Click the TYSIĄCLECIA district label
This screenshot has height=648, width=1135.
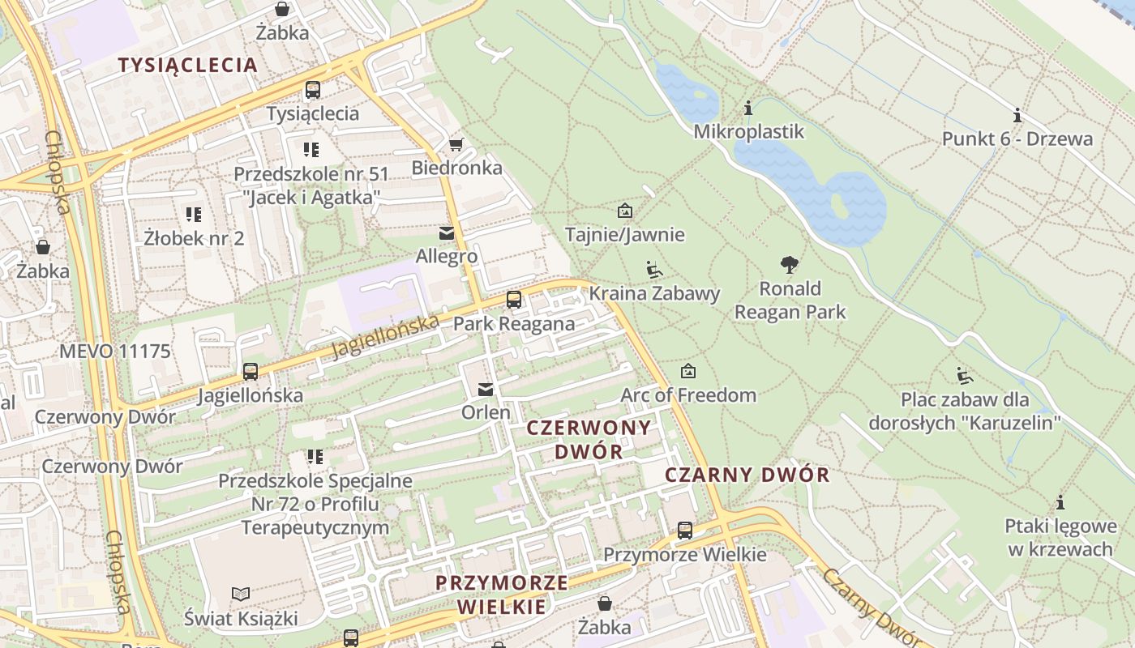[187, 65]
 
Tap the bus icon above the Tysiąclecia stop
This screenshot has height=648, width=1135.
[312, 90]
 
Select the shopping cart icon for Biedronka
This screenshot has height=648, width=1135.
[456, 144]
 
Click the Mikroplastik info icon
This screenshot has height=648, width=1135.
[748, 108]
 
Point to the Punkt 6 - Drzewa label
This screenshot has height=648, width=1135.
[1017, 139]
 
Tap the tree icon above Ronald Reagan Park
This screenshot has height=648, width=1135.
[789, 264]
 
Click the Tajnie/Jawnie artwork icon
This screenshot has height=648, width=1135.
[625, 211]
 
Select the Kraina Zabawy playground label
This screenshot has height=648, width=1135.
[654, 293]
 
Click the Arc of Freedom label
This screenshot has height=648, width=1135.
[688, 395]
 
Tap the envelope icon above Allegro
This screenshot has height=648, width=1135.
[446, 233]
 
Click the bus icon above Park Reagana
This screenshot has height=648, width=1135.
[513, 300]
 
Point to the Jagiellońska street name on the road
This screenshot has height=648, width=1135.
[387, 336]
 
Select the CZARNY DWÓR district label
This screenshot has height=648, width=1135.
[747, 475]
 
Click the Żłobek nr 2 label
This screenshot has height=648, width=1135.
[194, 238]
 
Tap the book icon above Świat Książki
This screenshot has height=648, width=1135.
[241, 594]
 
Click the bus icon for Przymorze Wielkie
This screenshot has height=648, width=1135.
[685, 531]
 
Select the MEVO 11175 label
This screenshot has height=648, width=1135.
[115, 352]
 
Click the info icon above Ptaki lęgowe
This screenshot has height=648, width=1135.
[1060, 502]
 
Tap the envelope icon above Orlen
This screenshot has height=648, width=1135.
[486, 390]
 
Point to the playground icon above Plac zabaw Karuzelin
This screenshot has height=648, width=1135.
[964, 375]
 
